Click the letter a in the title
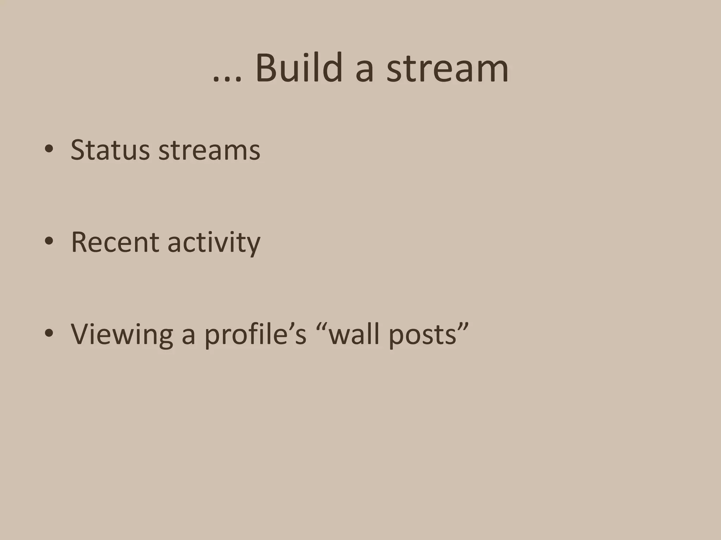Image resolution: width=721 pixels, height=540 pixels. click(x=364, y=72)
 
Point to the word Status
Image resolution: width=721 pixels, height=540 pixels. click(x=110, y=150)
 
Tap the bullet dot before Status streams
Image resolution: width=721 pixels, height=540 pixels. click(x=49, y=149)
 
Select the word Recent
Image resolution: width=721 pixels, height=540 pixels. click(x=115, y=242)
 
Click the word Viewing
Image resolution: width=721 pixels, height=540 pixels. click(x=122, y=335)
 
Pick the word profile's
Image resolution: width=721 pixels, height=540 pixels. click(x=255, y=335)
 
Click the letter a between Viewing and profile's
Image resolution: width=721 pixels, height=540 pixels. click(x=188, y=337)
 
